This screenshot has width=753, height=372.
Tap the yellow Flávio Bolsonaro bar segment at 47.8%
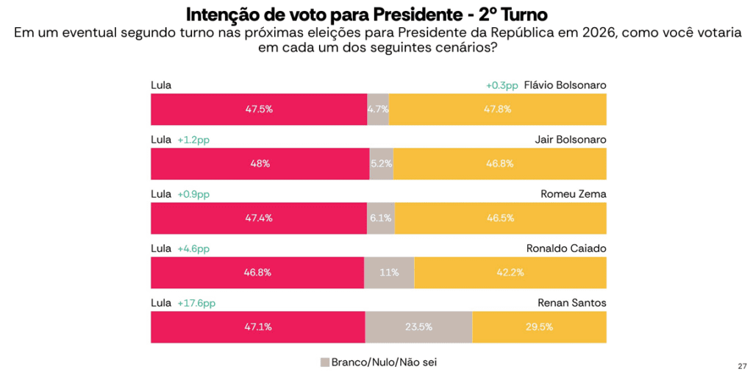tap(497, 109)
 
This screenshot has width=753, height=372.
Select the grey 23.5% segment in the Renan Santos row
tap(418, 327)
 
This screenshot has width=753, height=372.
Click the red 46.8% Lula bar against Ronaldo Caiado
tap(257, 273)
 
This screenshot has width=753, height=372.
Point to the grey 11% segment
tap(389, 273)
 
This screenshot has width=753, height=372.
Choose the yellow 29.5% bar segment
tap(539, 327)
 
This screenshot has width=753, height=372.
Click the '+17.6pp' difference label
tap(196, 303)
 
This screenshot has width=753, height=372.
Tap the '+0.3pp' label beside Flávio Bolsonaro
tap(502, 85)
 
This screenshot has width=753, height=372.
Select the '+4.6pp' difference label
tap(193, 248)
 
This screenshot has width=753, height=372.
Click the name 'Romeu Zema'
tap(574, 194)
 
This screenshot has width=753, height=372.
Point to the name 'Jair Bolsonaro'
tap(571, 140)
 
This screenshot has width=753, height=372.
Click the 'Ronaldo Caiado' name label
tap(566, 248)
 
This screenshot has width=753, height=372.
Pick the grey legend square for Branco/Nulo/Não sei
tap(324, 362)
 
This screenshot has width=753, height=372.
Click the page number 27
tap(741, 365)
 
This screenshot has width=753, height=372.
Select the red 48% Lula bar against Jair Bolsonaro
tap(260, 164)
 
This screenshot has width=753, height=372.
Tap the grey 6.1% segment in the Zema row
tap(380, 218)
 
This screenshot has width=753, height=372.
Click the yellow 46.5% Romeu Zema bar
tap(500, 218)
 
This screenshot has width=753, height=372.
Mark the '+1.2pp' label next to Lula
tap(193, 140)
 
